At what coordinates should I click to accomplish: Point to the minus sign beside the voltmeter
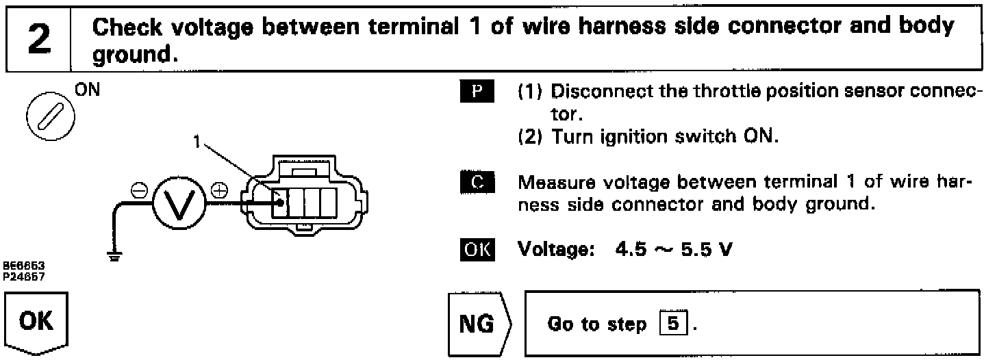(x=134, y=190)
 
